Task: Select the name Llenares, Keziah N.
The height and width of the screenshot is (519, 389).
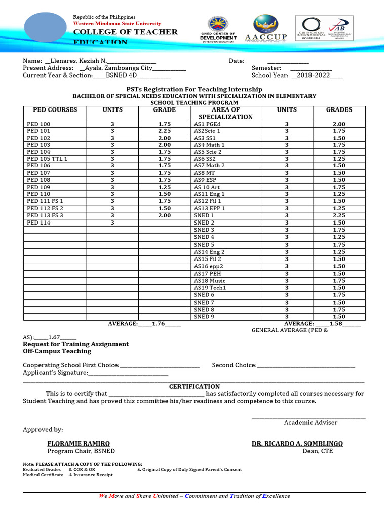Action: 75,61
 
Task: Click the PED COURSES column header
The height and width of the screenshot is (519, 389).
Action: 55,110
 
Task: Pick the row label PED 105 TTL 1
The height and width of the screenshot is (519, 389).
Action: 47,159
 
